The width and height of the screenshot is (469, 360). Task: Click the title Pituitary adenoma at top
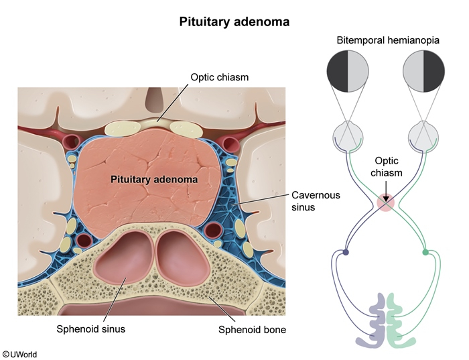[x=234, y=21]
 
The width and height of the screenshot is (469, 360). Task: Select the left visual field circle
[x=348, y=74]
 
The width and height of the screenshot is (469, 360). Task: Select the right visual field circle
[x=423, y=74]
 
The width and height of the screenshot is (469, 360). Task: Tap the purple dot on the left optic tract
[x=346, y=253]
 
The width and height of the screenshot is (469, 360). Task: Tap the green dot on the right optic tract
[x=425, y=253]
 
